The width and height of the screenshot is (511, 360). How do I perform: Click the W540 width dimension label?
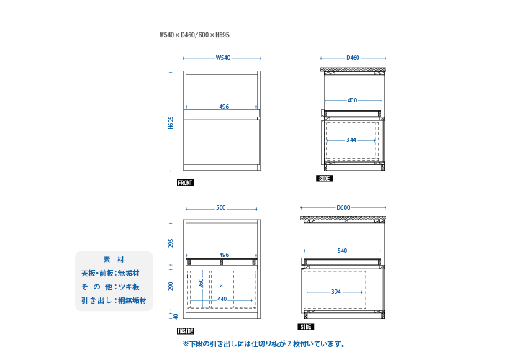pyautogui.click(x=223, y=58)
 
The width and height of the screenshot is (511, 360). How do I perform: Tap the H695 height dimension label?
pyautogui.click(x=171, y=122)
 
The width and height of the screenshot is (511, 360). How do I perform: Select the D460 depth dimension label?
pyautogui.click(x=353, y=58)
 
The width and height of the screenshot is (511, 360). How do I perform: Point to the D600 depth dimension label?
pyautogui.click(x=343, y=207)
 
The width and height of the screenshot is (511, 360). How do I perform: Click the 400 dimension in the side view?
pyautogui.click(x=352, y=100)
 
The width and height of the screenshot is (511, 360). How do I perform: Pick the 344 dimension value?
pyautogui.click(x=351, y=140)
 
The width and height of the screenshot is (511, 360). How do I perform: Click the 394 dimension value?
pyautogui.click(x=336, y=292)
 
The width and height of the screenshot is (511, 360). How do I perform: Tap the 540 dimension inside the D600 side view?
pyautogui.click(x=342, y=251)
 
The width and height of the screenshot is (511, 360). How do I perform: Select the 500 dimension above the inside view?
pyautogui.click(x=221, y=207)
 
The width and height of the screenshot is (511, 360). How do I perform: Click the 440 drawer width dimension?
pyautogui.click(x=222, y=299)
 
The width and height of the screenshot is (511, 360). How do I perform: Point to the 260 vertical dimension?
pyautogui.click(x=201, y=283)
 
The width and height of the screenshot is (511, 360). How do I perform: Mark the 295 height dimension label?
pyautogui.click(x=171, y=243)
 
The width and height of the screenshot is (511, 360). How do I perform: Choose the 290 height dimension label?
pyautogui.click(x=171, y=287)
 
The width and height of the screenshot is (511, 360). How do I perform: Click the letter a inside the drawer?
pyautogui.click(x=221, y=285)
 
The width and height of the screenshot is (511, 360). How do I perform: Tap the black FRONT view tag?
pyautogui.click(x=186, y=183)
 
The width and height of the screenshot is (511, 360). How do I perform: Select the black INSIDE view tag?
pyautogui.click(x=186, y=331)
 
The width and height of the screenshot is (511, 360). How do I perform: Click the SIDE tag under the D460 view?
pyautogui.click(x=325, y=179)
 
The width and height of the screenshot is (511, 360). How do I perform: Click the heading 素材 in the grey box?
pyautogui.click(x=114, y=260)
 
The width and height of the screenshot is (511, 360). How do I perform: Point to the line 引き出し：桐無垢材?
pyautogui.click(x=114, y=300)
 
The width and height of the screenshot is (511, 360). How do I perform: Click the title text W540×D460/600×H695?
pyautogui.click(x=194, y=35)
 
